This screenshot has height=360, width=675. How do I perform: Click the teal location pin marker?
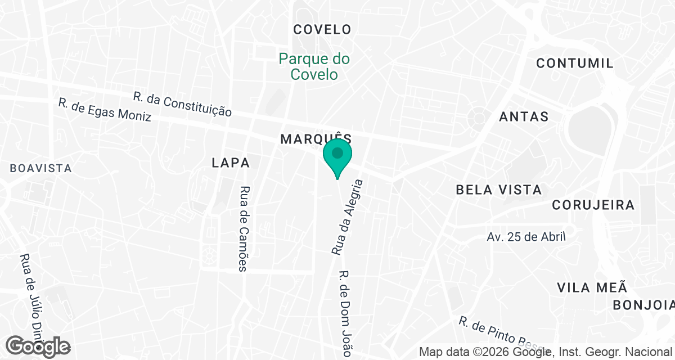[337, 157]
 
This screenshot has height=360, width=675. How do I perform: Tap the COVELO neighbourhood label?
[322, 29]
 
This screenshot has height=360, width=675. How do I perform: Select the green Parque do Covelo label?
[314, 66]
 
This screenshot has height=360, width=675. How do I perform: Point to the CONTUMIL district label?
[574, 63]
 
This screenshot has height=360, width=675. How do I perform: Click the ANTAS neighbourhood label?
[524, 116]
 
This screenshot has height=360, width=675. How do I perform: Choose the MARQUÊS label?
[316, 138]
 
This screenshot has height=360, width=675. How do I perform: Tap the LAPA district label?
[231, 163]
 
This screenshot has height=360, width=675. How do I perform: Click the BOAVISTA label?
[41, 168]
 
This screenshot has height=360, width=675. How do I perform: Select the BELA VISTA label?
[498, 190]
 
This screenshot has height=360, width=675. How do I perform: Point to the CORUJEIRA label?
[593, 205]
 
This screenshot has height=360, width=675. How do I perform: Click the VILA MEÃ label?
[592, 287]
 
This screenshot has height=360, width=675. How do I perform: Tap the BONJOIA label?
[643, 305]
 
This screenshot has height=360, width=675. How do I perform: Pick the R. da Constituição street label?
[182, 104]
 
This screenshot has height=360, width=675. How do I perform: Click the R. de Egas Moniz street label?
[105, 110]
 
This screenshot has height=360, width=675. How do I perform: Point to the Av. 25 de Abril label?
[526, 237]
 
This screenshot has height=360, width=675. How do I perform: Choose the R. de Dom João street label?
[344, 313]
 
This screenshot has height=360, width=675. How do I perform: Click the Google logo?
[38, 346]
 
